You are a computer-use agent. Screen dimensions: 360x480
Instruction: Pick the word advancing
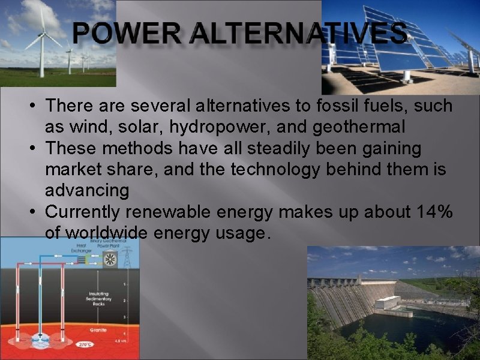point(87,191)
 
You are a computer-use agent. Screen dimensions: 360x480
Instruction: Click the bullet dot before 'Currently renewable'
point(37,212)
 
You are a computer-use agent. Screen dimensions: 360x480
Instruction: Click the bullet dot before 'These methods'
point(37,148)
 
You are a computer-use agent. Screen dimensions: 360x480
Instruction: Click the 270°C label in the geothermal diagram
point(85,344)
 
